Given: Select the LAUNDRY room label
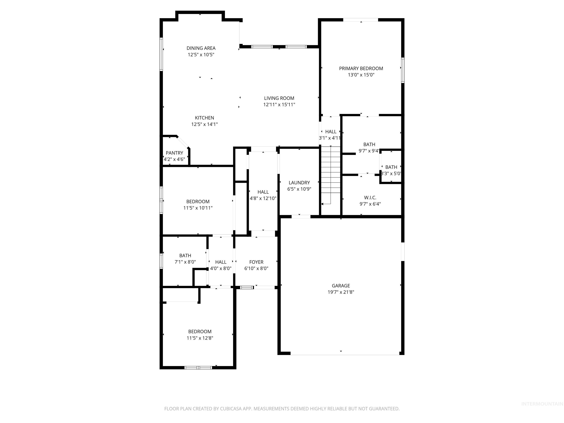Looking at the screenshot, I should (x=299, y=182).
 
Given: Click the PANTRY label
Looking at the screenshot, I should (x=174, y=153).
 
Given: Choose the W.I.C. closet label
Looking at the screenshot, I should (x=370, y=198).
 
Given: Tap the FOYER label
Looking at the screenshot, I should (x=256, y=262).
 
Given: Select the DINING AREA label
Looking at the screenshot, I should (x=201, y=48).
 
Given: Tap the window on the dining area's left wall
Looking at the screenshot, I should (x=161, y=54).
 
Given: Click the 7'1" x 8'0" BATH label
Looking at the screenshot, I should (x=185, y=256).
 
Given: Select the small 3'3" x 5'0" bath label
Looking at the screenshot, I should (x=391, y=167).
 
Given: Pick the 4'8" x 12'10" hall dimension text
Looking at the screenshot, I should (x=263, y=198).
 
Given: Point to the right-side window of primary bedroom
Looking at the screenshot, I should (x=403, y=70).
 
